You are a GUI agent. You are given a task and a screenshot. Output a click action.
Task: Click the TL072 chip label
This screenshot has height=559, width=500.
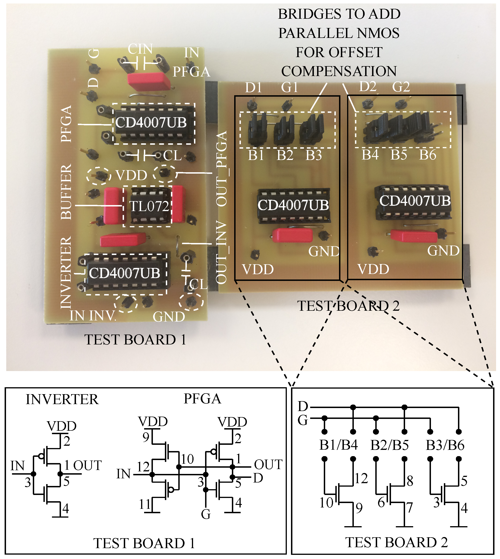point(149,206)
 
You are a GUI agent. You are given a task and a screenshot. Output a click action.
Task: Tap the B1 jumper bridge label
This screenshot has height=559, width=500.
point(256,155)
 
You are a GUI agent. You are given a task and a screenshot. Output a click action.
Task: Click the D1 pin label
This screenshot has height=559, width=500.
point(253,88)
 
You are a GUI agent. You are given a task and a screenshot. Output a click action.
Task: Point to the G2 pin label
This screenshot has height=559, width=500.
point(401,87)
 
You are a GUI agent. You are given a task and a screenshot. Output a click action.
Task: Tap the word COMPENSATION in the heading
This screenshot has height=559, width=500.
point(339,71)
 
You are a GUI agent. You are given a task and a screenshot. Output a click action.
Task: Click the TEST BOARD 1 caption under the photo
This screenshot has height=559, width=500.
point(135,340)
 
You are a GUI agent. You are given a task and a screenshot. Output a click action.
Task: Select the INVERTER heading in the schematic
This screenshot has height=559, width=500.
point(62,399)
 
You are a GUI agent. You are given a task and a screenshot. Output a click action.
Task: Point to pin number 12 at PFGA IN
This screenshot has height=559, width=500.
point(143,467)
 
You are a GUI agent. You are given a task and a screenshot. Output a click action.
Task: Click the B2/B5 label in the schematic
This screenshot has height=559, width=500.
point(389,445)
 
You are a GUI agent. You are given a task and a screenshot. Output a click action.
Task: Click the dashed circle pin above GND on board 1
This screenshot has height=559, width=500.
point(191,302)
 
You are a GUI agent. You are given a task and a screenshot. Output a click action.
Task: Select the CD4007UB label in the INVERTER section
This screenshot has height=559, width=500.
point(124,273)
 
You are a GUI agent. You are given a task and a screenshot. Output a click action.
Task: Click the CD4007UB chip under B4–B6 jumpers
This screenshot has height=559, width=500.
point(415,201)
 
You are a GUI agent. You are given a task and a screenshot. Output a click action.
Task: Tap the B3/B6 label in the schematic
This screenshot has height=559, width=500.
point(445,445)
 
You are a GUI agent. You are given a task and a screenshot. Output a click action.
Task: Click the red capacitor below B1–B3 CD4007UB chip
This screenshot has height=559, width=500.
point(292,235)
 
